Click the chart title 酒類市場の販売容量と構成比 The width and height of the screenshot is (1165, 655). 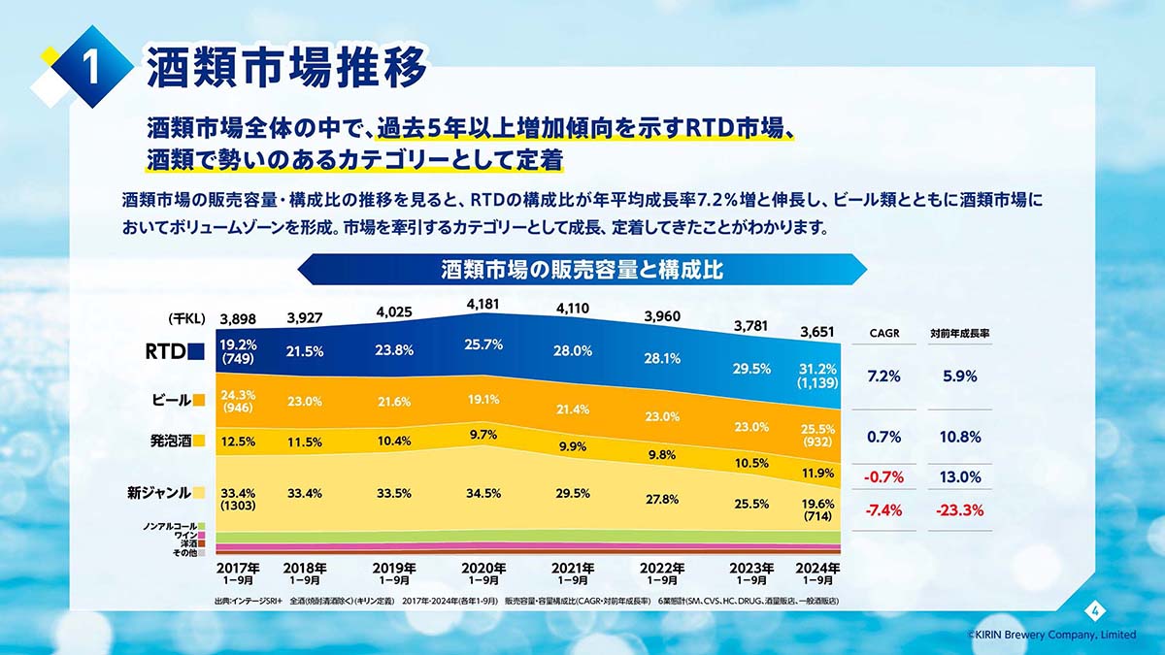coord(582,269)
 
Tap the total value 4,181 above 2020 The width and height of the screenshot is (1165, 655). coord(483,305)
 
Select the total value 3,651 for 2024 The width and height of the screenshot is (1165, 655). coord(816,332)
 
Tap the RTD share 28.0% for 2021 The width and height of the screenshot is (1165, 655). coord(573,351)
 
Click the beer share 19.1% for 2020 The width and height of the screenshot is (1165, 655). coord(483,399)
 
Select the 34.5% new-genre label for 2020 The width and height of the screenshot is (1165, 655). coord(483,493)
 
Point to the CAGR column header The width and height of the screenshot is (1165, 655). coord(883,334)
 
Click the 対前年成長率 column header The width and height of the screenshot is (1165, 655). coord(959,334)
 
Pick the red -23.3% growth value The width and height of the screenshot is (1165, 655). coord(959,510)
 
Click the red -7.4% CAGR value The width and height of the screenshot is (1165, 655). coord(883,510)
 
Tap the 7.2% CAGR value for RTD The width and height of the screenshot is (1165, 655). coord(883,377)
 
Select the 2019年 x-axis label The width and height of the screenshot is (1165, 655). coord(394,568)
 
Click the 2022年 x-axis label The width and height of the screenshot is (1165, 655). coord(662,568)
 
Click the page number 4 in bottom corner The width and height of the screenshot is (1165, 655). coord(1094,610)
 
